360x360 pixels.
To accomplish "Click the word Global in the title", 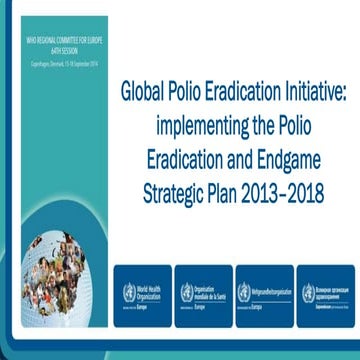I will pos(144,91).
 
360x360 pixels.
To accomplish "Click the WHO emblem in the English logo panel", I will pos(127,292).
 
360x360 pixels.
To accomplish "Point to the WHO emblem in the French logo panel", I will pos(186,292).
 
